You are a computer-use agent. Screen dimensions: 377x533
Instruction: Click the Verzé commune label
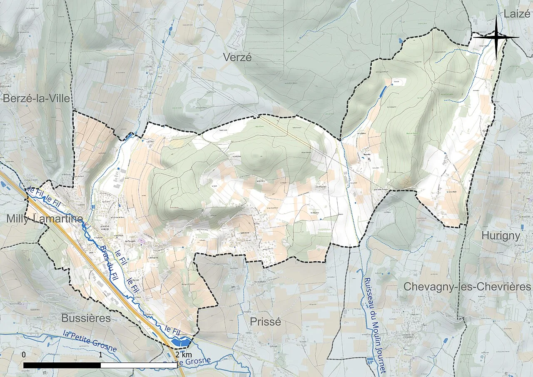[x=237, y=57]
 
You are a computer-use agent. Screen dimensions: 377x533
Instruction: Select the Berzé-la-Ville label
[x=36, y=98]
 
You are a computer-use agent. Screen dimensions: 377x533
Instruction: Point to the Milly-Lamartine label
[x=45, y=219]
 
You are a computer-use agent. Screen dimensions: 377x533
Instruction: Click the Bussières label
[x=86, y=318]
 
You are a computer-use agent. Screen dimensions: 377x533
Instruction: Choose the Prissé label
[x=265, y=322]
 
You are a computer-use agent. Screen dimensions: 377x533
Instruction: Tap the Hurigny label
[x=501, y=236]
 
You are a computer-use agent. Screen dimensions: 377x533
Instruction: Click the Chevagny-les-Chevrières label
[x=467, y=287]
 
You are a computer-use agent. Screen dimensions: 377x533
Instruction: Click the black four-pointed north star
[x=496, y=37]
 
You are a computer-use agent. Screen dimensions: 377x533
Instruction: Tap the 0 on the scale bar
[x=24, y=355]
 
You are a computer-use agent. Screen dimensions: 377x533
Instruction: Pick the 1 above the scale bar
[x=101, y=355]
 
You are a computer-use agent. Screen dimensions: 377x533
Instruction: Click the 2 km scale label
[x=183, y=355]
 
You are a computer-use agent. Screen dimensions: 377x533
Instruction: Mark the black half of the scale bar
[x=62, y=365]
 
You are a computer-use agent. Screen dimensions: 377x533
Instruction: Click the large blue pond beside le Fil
[x=182, y=342]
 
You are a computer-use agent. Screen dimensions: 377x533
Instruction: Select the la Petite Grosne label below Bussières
[x=90, y=340]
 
